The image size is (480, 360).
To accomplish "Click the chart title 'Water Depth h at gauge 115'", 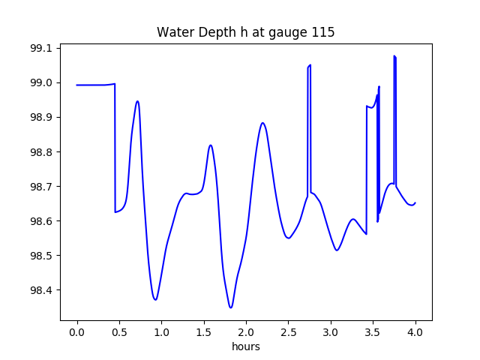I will click(245, 32).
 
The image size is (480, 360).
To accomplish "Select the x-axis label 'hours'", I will click(245, 347).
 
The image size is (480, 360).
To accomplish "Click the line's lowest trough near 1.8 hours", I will click(231, 307).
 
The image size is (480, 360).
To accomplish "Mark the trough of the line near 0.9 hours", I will click(155, 300).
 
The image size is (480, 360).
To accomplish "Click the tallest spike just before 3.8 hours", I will click(394, 55).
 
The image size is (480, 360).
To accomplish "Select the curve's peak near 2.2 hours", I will click(262, 122).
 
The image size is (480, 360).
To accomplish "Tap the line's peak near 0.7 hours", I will click(137, 101).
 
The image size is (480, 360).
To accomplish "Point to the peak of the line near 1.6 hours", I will click(211, 145).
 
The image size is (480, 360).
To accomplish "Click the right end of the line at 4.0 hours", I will click(415, 202).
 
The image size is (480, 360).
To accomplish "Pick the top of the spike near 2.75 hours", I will click(310, 65).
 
